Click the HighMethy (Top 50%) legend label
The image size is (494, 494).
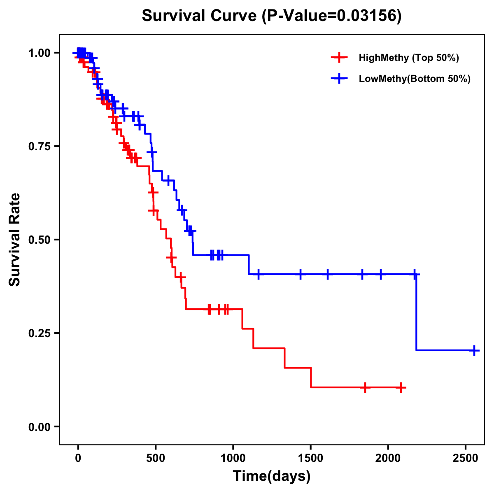tap(408, 58)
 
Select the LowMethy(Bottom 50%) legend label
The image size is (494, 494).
tap(415, 79)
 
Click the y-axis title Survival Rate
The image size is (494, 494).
tap(15, 239)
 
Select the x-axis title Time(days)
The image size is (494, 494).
tap(272, 476)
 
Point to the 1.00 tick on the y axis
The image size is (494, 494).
tap(39, 53)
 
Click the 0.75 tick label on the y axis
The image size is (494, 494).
tap(39, 147)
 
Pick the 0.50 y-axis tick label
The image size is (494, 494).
tap(39, 240)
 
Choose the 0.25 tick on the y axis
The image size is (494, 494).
tap(39, 333)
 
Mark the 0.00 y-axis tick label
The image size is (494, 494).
tap(39, 427)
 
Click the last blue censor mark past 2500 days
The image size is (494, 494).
tap(474, 351)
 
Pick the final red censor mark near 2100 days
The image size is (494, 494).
tap(401, 387)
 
